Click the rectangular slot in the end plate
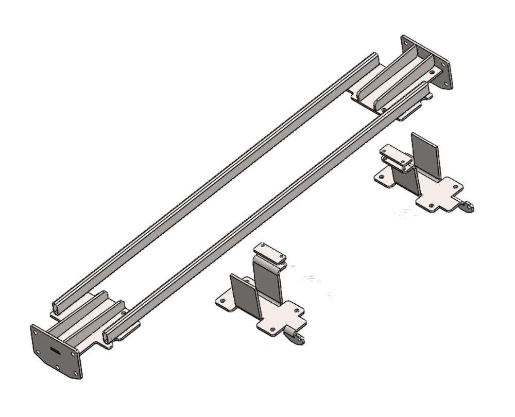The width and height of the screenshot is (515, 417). tap(55, 351)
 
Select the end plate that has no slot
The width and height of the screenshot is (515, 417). tap(427, 62)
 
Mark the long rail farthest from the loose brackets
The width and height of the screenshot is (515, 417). tap(216, 180)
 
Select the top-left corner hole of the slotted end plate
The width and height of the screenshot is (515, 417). tap(37, 333)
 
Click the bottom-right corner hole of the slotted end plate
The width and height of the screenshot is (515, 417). tap(76, 372)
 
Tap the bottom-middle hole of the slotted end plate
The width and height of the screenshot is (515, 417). tap(57, 367)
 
